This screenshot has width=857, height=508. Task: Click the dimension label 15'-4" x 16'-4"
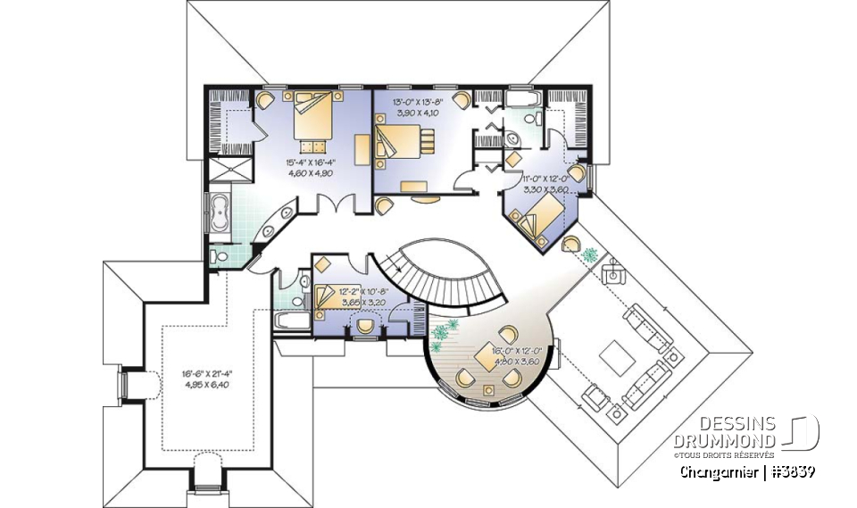click(x=309, y=169)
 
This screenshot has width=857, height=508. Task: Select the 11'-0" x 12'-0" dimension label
click(x=546, y=184)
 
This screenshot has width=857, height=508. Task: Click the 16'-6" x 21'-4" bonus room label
click(x=182, y=379)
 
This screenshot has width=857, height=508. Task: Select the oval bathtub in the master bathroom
click(x=220, y=213)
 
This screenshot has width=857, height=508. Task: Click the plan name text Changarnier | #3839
click(x=746, y=471)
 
